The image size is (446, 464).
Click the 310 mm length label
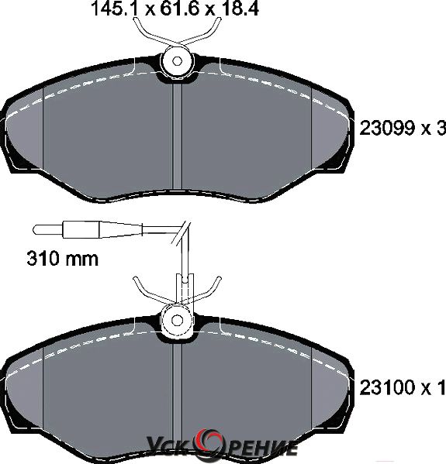click(x=62, y=258)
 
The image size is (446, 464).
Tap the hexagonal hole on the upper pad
click(x=177, y=61)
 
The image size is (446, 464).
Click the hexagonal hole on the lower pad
click(x=177, y=321)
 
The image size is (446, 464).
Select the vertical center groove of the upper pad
click(x=177, y=136)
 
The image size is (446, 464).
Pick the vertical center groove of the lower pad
click(x=177, y=397)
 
